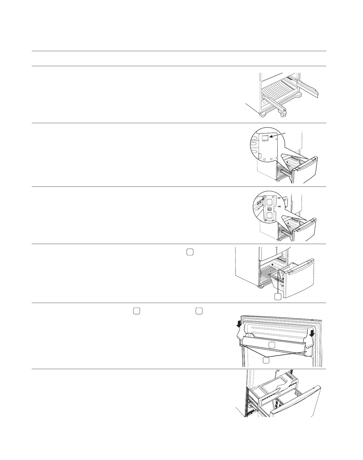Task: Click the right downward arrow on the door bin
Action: click(x=312, y=333)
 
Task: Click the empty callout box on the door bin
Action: click(x=272, y=345)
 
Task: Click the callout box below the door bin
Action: click(x=266, y=360)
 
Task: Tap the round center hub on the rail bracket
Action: click(x=269, y=209)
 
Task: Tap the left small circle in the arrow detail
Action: click(x=264, y=160)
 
